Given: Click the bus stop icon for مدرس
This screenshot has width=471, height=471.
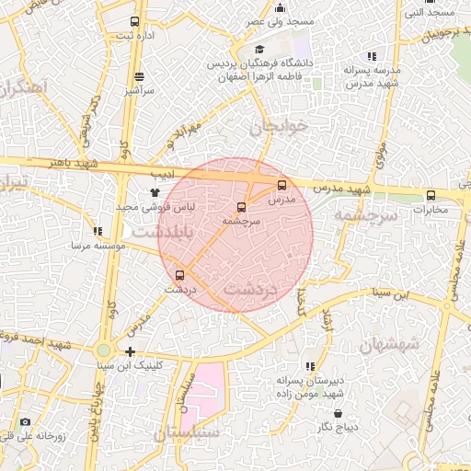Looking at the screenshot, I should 281,185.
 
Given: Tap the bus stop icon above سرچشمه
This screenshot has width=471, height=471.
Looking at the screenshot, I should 242,207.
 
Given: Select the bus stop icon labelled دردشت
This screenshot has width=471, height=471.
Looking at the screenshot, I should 179,274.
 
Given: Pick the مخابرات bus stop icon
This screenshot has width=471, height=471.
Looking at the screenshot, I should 431,195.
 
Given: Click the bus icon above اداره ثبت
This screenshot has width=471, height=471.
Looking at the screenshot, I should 135,21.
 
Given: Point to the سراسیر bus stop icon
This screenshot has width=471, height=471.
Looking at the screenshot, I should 139,77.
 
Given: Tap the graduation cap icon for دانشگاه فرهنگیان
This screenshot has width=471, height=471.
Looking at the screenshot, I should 258,50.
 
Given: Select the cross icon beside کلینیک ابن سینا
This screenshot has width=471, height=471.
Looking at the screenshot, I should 131,351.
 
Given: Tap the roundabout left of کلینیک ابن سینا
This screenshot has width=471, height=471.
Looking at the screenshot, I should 104,350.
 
